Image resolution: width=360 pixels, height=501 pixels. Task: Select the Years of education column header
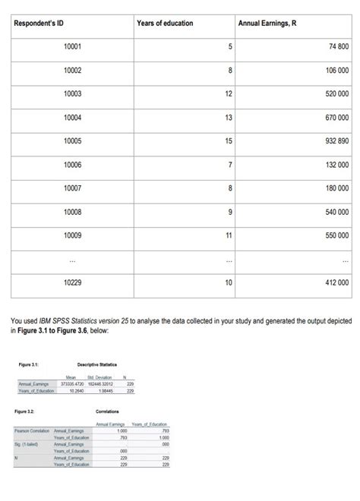click(x=165, y=24)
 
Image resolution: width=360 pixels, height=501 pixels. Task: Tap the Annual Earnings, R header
click(x=267, y=24)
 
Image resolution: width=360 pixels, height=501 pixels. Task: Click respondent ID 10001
click(x=73, y=47)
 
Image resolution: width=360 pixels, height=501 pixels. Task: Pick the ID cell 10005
click(x=73, y=141)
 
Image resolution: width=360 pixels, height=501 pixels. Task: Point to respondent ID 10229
click(x=73, y=282)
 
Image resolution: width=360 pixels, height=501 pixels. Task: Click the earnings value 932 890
click(x=334, y=141)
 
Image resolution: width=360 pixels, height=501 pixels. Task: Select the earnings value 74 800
click(x=337, y=47)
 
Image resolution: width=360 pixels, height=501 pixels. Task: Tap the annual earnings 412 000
click(x=334, y=282)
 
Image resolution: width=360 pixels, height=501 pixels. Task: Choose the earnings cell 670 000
click(x=334, y=118)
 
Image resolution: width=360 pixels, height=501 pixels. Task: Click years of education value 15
click(x=227, y=141)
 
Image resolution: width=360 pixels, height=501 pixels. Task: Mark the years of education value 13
click(x=227, y=118)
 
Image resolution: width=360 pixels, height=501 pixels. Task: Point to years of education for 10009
click(x=227, y=235)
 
